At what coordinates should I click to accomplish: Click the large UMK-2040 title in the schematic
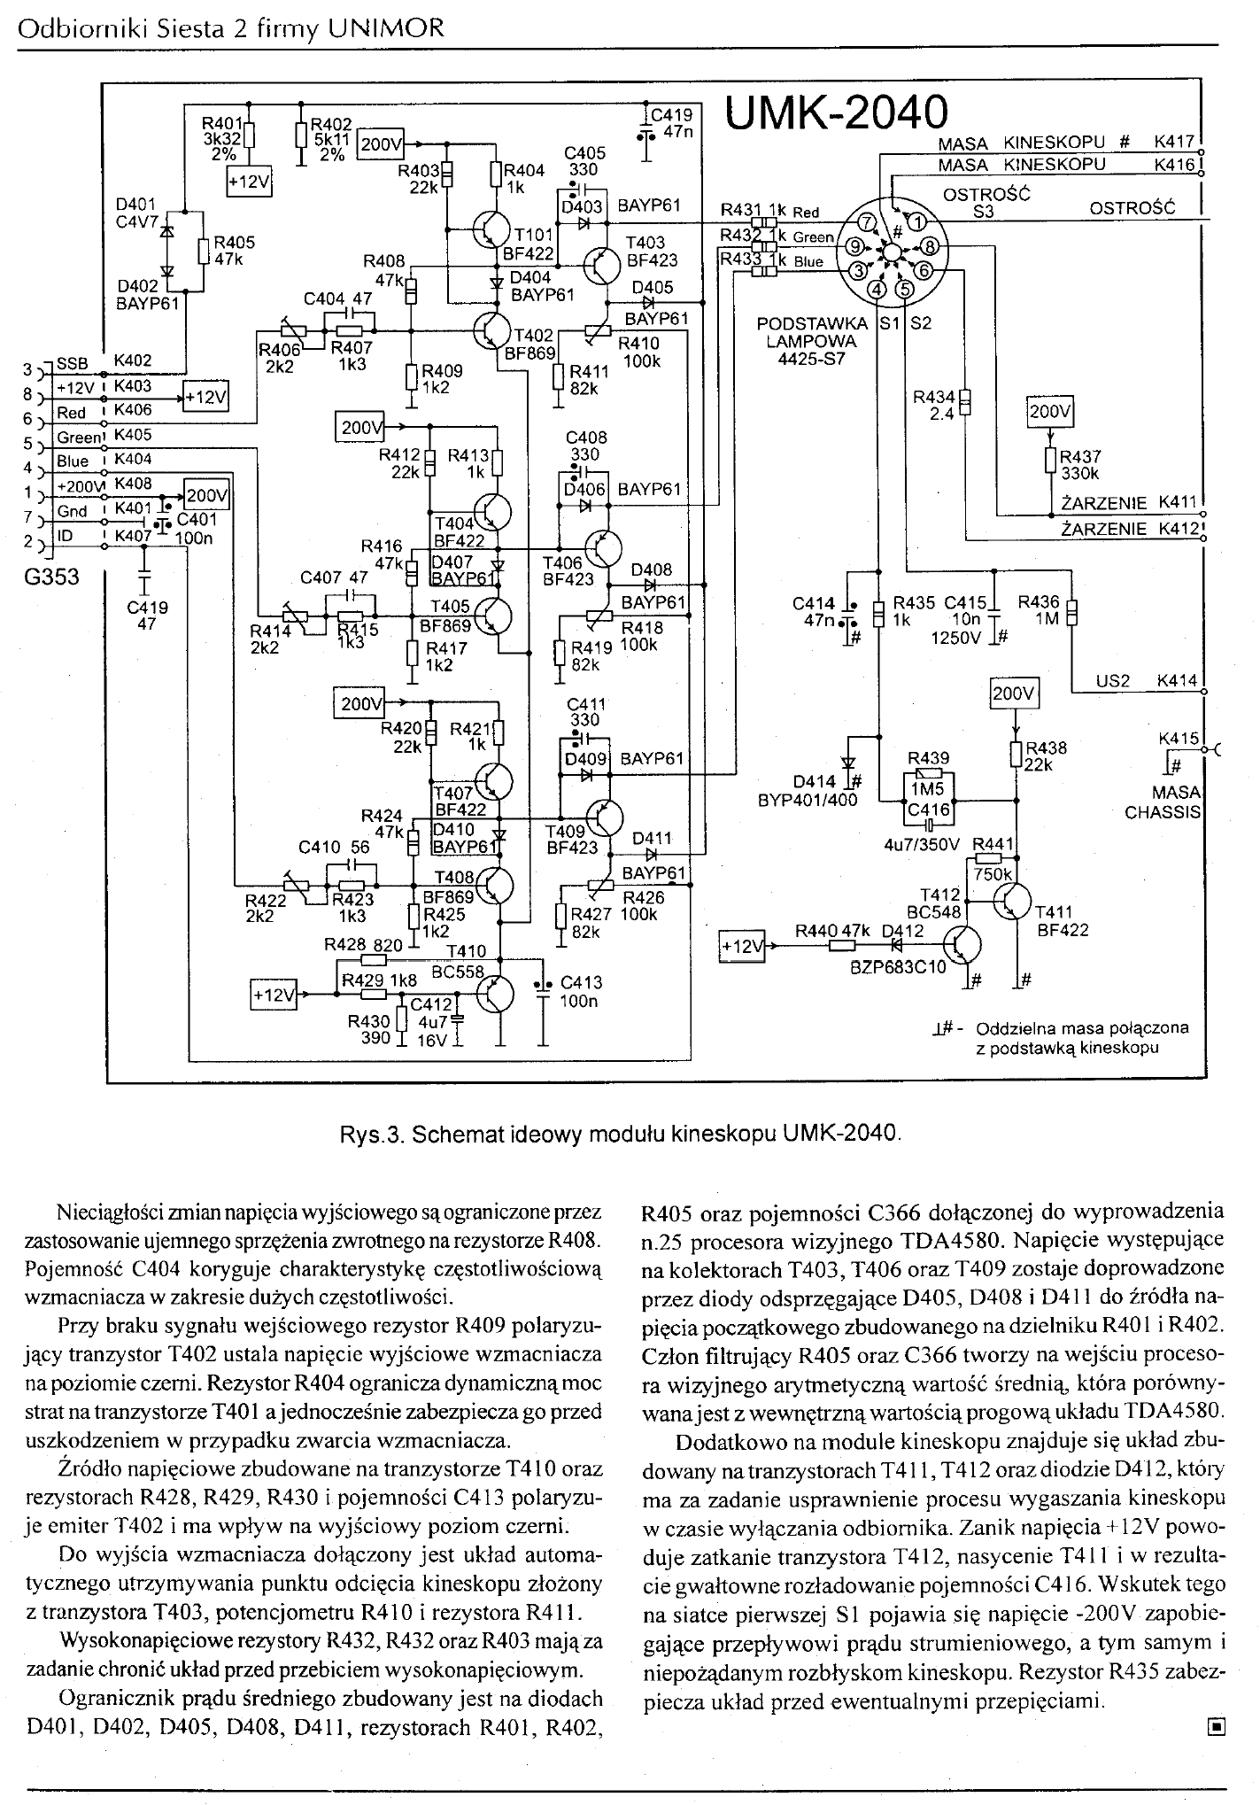coord(836,113)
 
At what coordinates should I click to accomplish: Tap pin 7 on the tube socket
coord(870,221)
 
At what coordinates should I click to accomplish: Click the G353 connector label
coord(51,577)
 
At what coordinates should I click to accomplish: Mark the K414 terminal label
coord(1177,681)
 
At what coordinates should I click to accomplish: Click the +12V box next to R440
coord(742,946)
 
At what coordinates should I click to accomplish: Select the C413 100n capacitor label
coord(580,992)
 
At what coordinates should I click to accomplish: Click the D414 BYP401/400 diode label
coord(808,790)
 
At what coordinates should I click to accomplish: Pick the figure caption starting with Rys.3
coord(621,1133)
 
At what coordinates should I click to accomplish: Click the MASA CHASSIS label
coord(1162,802)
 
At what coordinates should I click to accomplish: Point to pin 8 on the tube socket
coord(930,245)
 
